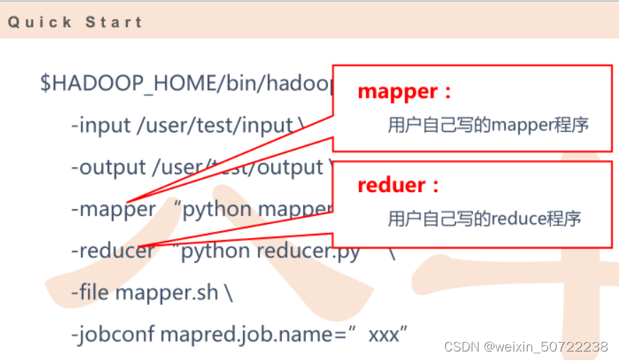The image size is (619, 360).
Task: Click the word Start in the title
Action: pyautogui.click(x=114, y=22)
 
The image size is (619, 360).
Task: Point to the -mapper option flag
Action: pyautogui.click(x=113, y=209)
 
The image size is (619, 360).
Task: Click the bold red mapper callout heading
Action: pyautogui.click(x=399, y=91)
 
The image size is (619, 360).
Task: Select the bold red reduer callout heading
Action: pyautogui.click(x=392, y=186)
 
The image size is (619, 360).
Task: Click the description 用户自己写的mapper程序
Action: pyautogui.click(x=488, y=125)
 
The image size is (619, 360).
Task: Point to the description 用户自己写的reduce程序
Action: pyautogui.click(x=484, y=218)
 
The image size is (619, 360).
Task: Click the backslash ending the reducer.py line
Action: pyautogui.click(x=392, y=251)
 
